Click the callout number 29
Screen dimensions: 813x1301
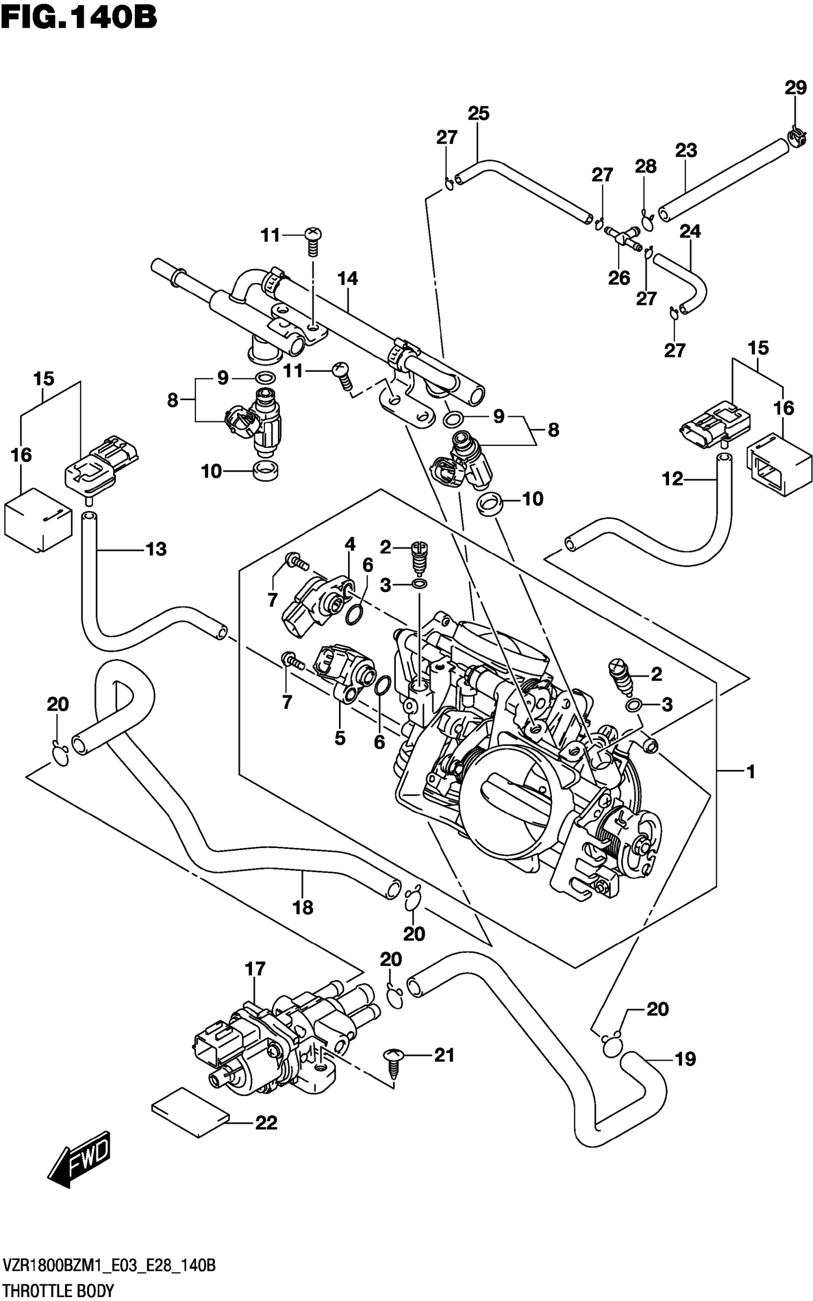(x=795, y=87)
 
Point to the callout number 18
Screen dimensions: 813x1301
(x=303, y=908)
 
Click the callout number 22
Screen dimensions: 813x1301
(x=266, y=1123)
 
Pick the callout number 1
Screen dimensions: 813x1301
(x=751, y=772)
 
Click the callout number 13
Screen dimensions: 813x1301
(x=156, y=549)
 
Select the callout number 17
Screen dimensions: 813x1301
(x=255, y=969)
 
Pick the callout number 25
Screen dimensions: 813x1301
(x=478, y=113)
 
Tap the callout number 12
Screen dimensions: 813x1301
(x=672, y=478)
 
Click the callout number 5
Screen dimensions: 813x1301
(x=340, y=738)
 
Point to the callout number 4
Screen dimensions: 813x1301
(x=350, y=544)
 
